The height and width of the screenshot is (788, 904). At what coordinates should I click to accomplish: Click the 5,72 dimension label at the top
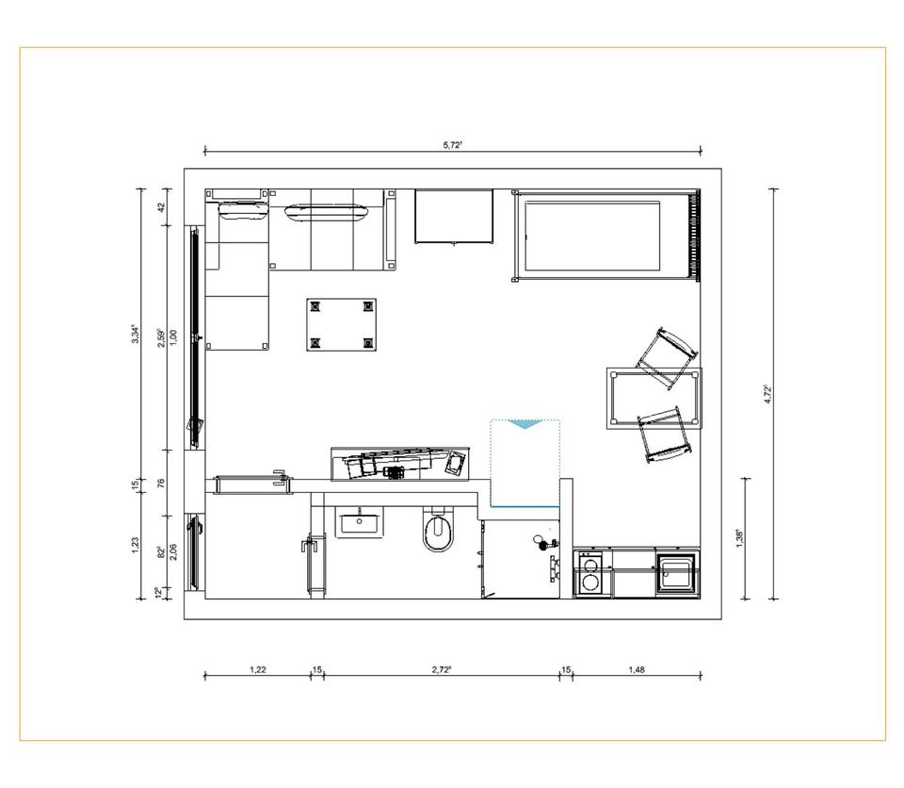tap(453, 145)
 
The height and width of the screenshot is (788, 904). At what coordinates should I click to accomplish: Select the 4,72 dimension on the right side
tap(767, 394)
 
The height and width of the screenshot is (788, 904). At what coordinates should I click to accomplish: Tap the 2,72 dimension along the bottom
tap(441, 669)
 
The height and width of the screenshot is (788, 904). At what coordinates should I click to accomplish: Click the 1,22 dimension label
tap(257, 669)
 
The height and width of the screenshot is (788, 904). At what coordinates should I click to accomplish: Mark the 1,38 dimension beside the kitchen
tap(740, 538)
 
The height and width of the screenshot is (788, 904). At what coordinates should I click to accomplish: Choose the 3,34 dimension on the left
tap(136, 334)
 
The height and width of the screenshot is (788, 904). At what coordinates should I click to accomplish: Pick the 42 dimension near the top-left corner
tap(162, 207)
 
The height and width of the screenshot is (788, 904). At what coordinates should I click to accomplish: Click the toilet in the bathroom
tap(438, 533)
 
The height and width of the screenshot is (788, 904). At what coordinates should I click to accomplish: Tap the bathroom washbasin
tap(359, 521)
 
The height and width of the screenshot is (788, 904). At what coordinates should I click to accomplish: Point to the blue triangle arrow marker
tap(525, 425)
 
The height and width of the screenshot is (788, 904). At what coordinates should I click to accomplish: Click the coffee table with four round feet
tap(341, 324)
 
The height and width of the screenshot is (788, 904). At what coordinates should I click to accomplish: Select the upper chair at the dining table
tap(667, 356)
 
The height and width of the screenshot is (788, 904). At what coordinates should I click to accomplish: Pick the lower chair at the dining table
tap(663, 433)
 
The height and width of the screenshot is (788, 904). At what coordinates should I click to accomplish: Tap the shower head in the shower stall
tap(541, 542)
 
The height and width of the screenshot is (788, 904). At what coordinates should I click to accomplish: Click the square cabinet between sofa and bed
tap(454, 217)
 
